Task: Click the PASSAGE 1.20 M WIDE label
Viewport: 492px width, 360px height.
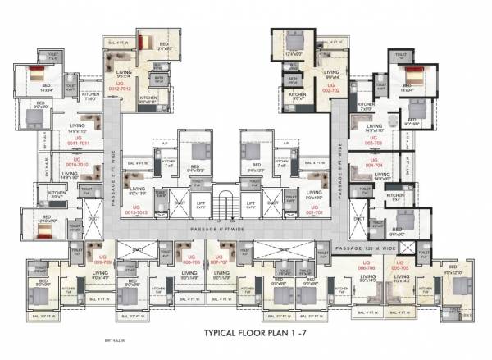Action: click(x=371, y=247)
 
